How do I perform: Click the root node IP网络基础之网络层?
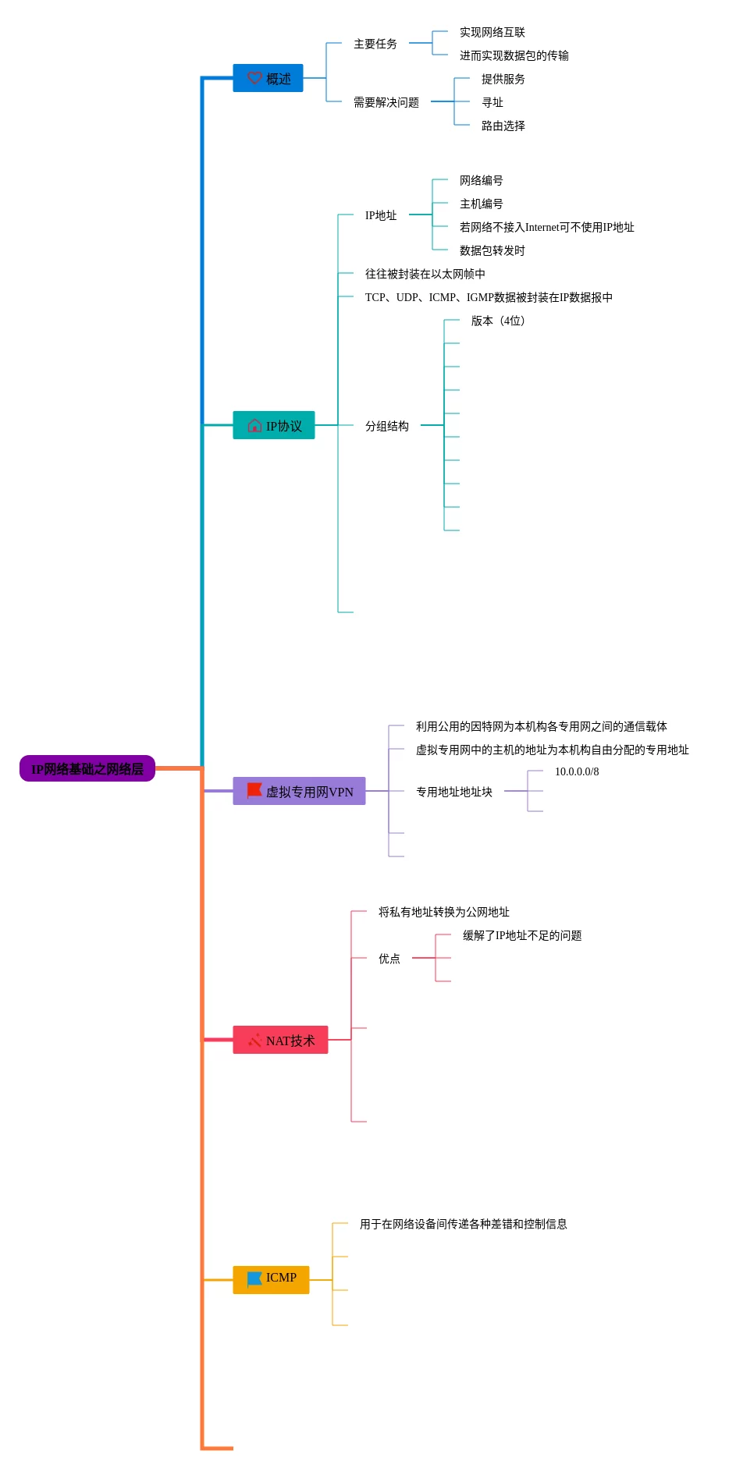(x=87, y=768)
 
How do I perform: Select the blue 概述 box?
(x=268, y=78)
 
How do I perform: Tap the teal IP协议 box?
(x=274, y=425)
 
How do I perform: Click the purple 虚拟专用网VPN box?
(x=299, y=791)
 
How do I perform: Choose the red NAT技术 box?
(x=280, y=1040)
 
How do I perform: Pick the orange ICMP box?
(x=271, y=1279)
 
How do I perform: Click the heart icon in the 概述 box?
(x=254, y=78)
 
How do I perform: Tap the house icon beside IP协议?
(x=254, y=425)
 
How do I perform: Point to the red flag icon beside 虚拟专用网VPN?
(x=254, y=790)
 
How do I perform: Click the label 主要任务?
(x=375, y=44)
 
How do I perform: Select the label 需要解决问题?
(x=386, y=102)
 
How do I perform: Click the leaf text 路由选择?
(x=503, y=126)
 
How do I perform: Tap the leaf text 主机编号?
(x=481, y=204)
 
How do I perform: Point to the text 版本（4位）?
(x=497, y=321)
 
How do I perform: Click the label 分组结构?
(x=386, y=426)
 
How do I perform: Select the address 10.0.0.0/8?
(x=577, y=771)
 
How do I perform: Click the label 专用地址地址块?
(x=453, y=792)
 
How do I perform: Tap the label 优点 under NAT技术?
(x=389, y=959)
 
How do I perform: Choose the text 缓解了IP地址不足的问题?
(x=522, y=935)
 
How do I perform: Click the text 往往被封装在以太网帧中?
(x=425, y=274)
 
